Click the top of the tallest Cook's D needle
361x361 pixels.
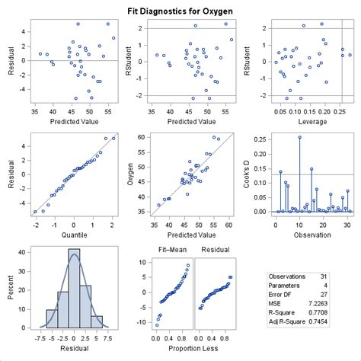coord(299,137)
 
